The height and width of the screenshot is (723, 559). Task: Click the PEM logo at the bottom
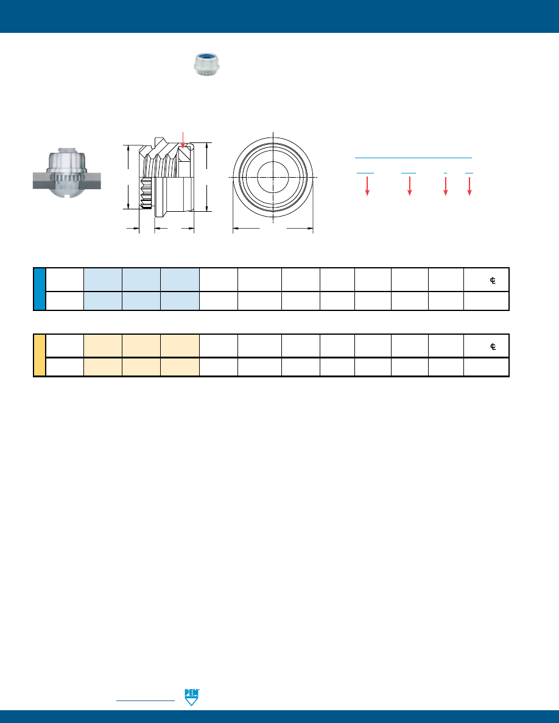click(191, 697)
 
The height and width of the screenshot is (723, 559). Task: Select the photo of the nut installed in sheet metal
click(67, 173)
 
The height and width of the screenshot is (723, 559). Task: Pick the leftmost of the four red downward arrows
click(367, 186)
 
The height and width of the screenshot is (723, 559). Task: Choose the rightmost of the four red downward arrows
click(469, 186)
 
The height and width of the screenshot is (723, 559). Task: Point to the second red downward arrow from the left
click(409, 186)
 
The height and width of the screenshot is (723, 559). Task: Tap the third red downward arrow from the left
click(445, 186)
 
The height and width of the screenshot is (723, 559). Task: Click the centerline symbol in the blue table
click(493, 281)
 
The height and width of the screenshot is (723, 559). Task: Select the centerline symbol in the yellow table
click(493, 347)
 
